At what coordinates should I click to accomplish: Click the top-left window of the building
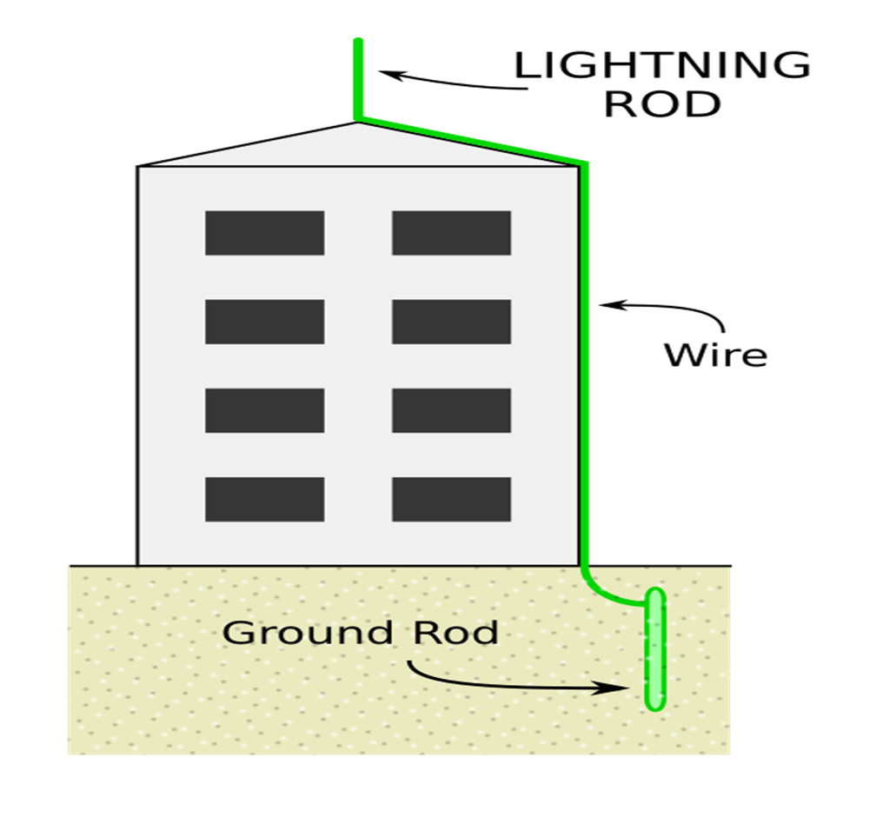click(264, 233)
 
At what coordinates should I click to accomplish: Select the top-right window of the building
click(451, 233)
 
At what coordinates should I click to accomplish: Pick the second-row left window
click(264, 322)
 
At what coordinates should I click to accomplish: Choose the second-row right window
click(451, 322)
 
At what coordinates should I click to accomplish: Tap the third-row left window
click(264, 410)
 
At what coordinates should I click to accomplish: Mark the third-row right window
click(451, 410)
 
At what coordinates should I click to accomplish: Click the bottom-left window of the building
click(264, 499)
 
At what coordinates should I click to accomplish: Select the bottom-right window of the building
click(451, 499)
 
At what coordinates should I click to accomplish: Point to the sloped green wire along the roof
click(469, 139)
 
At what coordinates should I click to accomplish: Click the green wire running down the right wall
click(586, 365)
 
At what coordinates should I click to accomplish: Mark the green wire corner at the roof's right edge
click(586, 163)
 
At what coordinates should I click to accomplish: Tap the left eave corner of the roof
click(141, 166)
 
